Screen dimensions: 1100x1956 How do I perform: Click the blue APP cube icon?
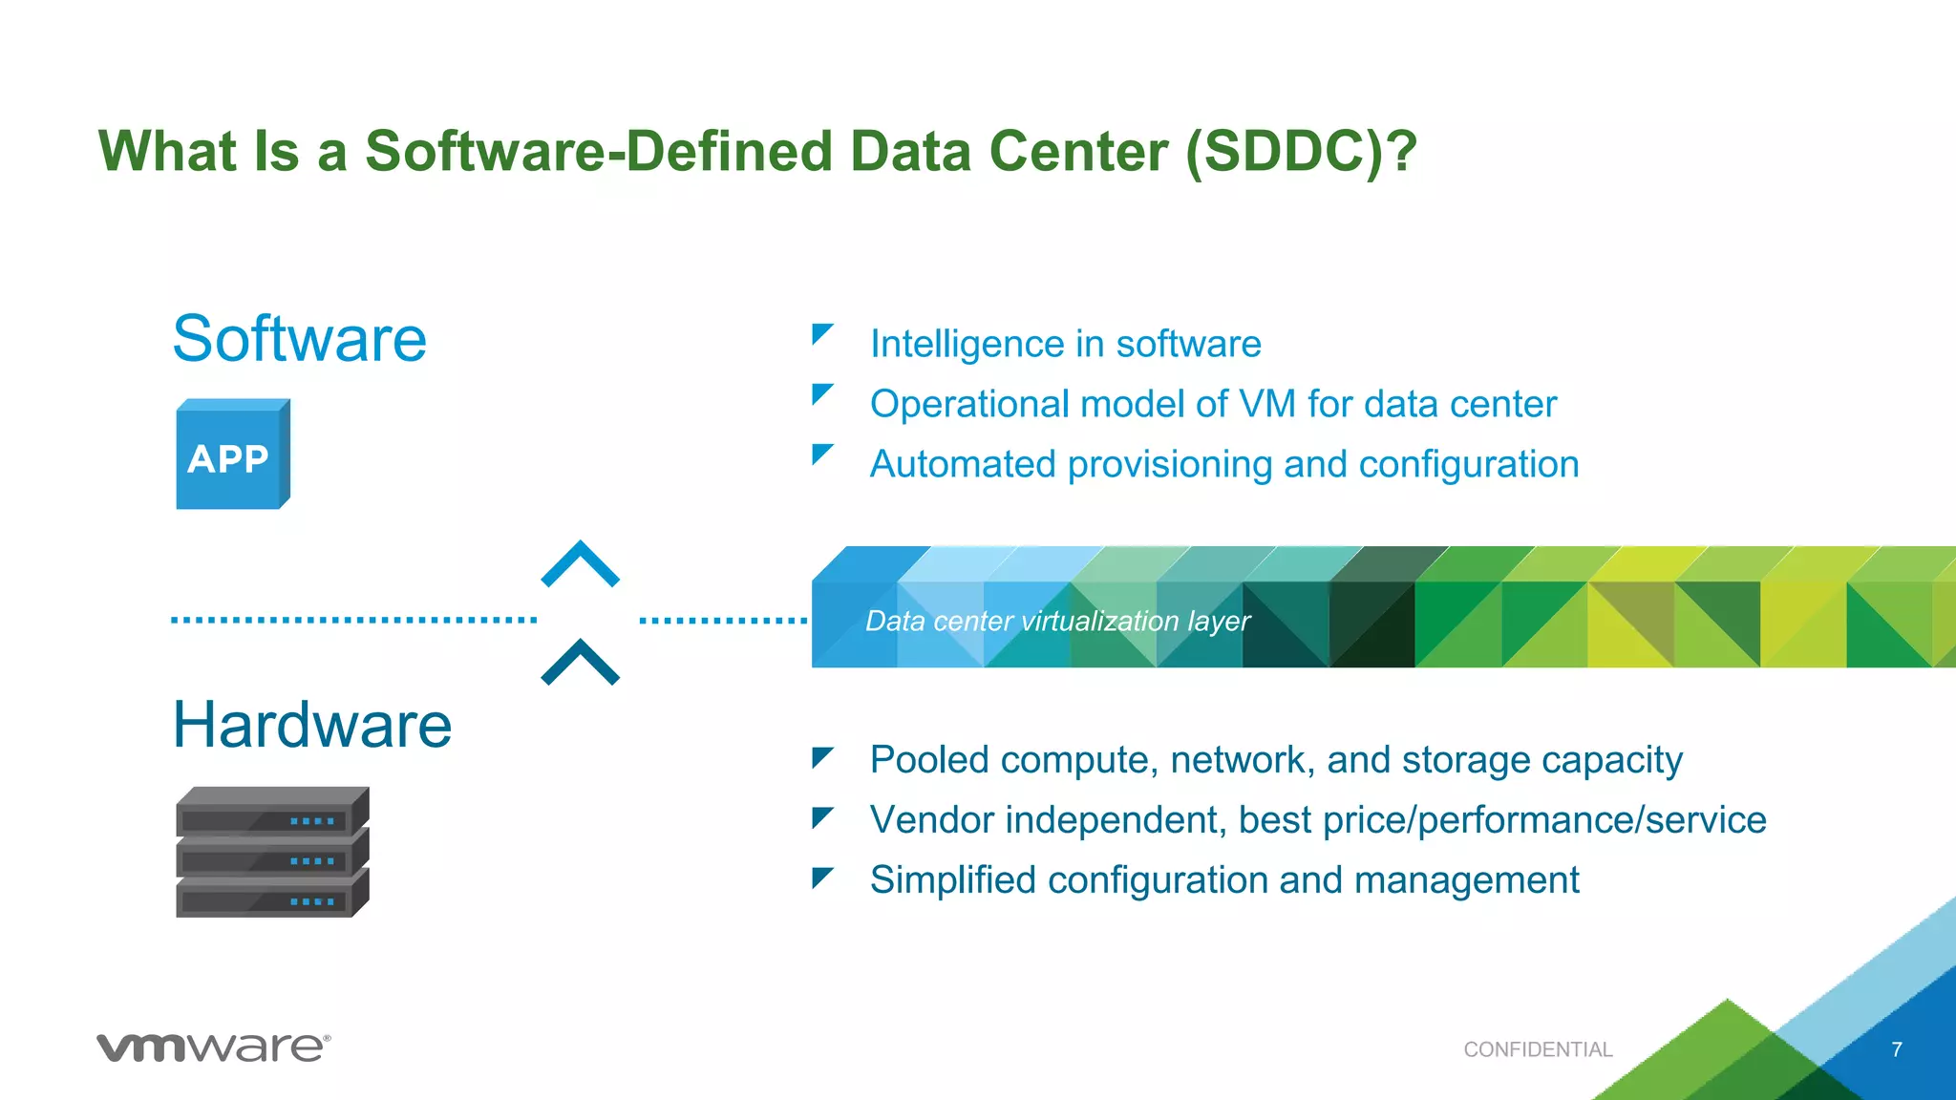point(232,455)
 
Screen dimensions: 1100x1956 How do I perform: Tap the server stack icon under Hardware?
point(272,852)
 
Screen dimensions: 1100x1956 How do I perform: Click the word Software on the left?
point(299,339)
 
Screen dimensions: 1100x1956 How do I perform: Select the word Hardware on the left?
point(311,725)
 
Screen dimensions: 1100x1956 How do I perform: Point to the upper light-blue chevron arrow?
point(581,564)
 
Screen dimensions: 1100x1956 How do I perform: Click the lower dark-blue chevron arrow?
point(581,663)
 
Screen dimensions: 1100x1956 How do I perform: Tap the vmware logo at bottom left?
point(213,1047)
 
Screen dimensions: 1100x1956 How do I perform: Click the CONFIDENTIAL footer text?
point(1538,1049)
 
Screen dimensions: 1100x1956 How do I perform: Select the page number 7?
point(1897,1049)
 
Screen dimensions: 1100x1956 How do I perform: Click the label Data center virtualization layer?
point(1057,622)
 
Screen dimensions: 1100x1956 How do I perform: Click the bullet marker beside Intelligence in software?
point(821,334)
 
